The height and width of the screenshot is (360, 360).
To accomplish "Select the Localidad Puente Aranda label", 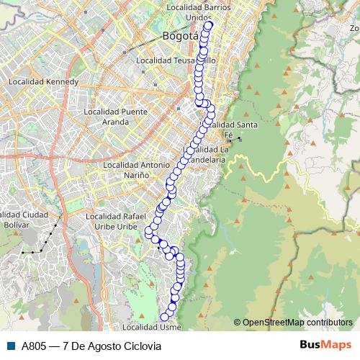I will click(115, 117).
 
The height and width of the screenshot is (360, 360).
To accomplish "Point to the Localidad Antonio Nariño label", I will click(136, 170).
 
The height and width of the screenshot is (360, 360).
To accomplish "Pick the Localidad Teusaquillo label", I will click(175, 61).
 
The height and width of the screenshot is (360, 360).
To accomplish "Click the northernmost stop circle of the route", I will click(209, 26).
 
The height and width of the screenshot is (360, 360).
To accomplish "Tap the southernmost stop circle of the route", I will click(165, 317).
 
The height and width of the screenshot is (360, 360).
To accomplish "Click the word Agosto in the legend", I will click(97, 345).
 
